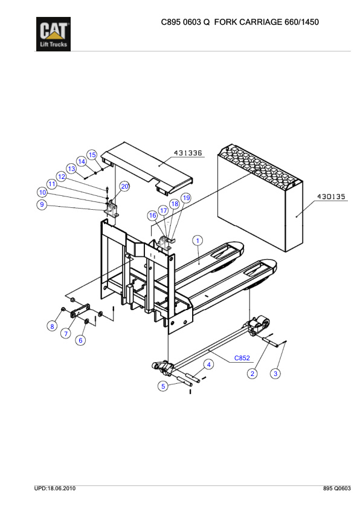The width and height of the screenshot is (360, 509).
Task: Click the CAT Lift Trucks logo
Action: tap(53, 34)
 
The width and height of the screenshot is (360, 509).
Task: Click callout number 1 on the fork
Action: tap(197, 241)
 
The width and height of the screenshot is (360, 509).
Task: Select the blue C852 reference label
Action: tap(242, 358)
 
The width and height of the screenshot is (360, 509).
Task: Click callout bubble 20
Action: tap(124, 186)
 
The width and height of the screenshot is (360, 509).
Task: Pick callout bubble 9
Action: tap(42, 204)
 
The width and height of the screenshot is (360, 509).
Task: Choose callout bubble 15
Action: tap(92, 155)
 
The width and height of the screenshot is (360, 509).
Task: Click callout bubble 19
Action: tap(186, 198)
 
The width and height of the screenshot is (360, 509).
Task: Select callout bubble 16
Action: tap(153, 215)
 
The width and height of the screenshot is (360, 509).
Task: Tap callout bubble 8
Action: tap(53, 326)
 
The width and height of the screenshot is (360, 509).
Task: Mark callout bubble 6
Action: tap(80, 340)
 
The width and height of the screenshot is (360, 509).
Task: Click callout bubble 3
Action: tap(275, 374)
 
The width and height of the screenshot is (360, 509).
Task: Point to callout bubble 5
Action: tap(163, 386)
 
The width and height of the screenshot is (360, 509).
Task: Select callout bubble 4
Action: tap(208, 365)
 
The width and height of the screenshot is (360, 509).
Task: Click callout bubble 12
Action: tap(62, 177)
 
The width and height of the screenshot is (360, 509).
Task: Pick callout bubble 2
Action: tap(252, 374)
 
